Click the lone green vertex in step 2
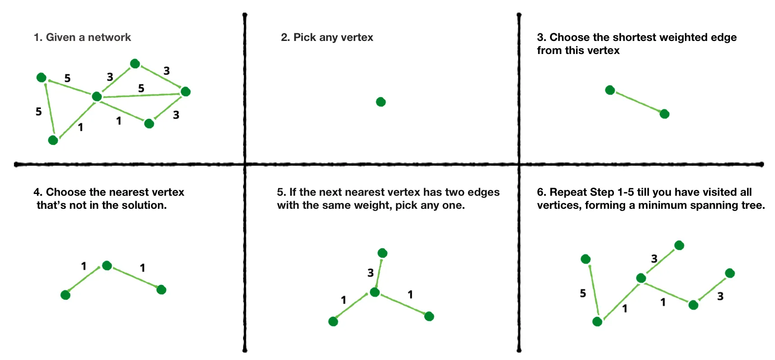click(x=381, y=102)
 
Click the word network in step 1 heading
click(x=109, y=37)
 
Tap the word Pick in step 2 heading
click(x=305, y=37)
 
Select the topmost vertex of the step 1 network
click(x=135, y=64)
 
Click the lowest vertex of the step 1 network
click(x=53, y=140)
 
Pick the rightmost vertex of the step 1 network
click(x=185, y=92)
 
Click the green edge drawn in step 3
click(x=637, y=102)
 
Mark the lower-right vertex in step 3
click(x=664, y=114)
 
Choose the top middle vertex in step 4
click(x=107, y=265)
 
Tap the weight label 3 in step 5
click(x=370, y=273)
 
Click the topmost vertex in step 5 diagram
click(x=383, y=253)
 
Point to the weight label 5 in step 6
click(x=583, y=293)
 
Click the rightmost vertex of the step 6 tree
click(x=730, y=273)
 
